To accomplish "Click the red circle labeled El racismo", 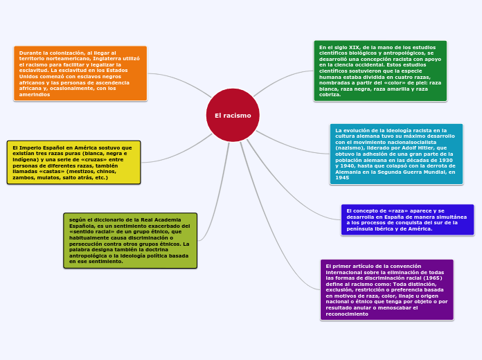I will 233,115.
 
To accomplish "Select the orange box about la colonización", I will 80,73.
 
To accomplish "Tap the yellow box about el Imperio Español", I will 73,163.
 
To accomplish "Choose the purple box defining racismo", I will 386,290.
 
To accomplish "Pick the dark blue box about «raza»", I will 407,219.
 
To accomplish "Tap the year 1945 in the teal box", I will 342,178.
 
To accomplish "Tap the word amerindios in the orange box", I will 34,94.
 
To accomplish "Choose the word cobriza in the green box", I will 330,94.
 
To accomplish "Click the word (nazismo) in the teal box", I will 350,147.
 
